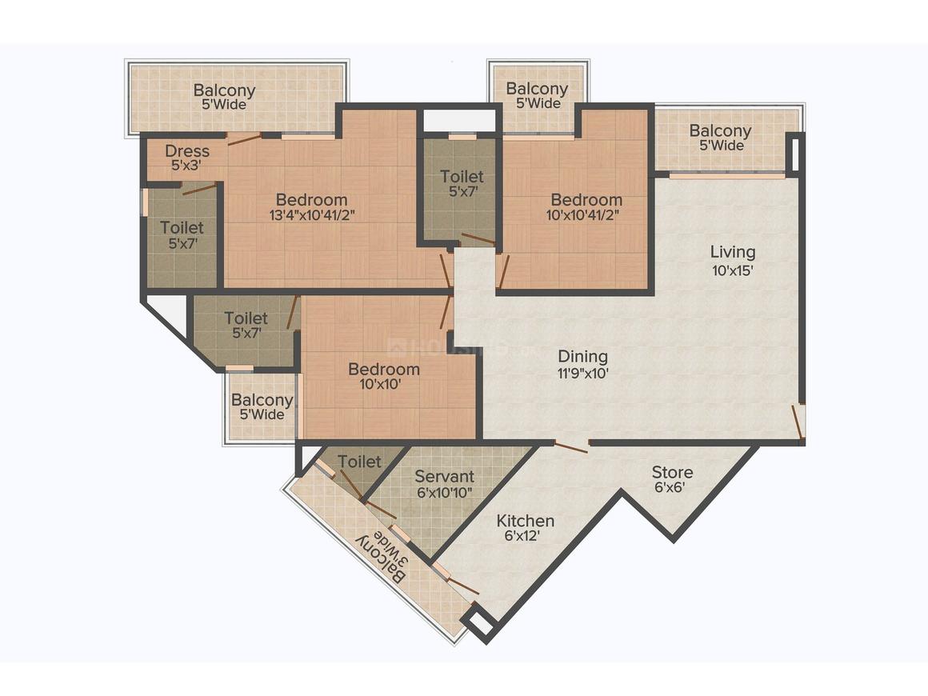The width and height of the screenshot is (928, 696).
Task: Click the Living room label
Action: tap(732, 253)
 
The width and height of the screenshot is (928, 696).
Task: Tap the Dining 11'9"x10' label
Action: tap(582, 357)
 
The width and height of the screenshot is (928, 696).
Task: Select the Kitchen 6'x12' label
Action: tap(525, 522)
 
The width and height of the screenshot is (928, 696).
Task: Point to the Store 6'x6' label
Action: tap(672, 472)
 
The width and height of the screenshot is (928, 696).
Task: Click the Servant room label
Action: tap(444, 477)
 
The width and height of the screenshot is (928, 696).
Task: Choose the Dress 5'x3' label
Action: tap(187, 151)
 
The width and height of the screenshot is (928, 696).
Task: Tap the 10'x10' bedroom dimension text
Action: tap(383, 384)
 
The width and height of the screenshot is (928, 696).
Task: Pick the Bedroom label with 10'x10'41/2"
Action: tap(586, 200)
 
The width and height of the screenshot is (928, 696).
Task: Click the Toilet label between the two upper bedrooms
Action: tap(462, 176)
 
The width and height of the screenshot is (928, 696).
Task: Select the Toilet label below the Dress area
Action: tap(182, 229)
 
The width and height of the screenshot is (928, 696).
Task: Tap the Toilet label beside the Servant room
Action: tap(359, 462)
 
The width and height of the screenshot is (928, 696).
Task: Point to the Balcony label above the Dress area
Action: tap(224, 90)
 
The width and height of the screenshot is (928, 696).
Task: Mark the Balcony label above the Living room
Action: tap(720, 131)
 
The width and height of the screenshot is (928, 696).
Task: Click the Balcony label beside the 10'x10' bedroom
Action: tap(262, 400)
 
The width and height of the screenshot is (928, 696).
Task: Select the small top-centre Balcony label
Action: tap(537, 89)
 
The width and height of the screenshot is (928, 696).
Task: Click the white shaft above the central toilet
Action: tap(459, 120)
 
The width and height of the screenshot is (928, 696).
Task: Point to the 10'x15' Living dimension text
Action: tap(732, 270)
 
